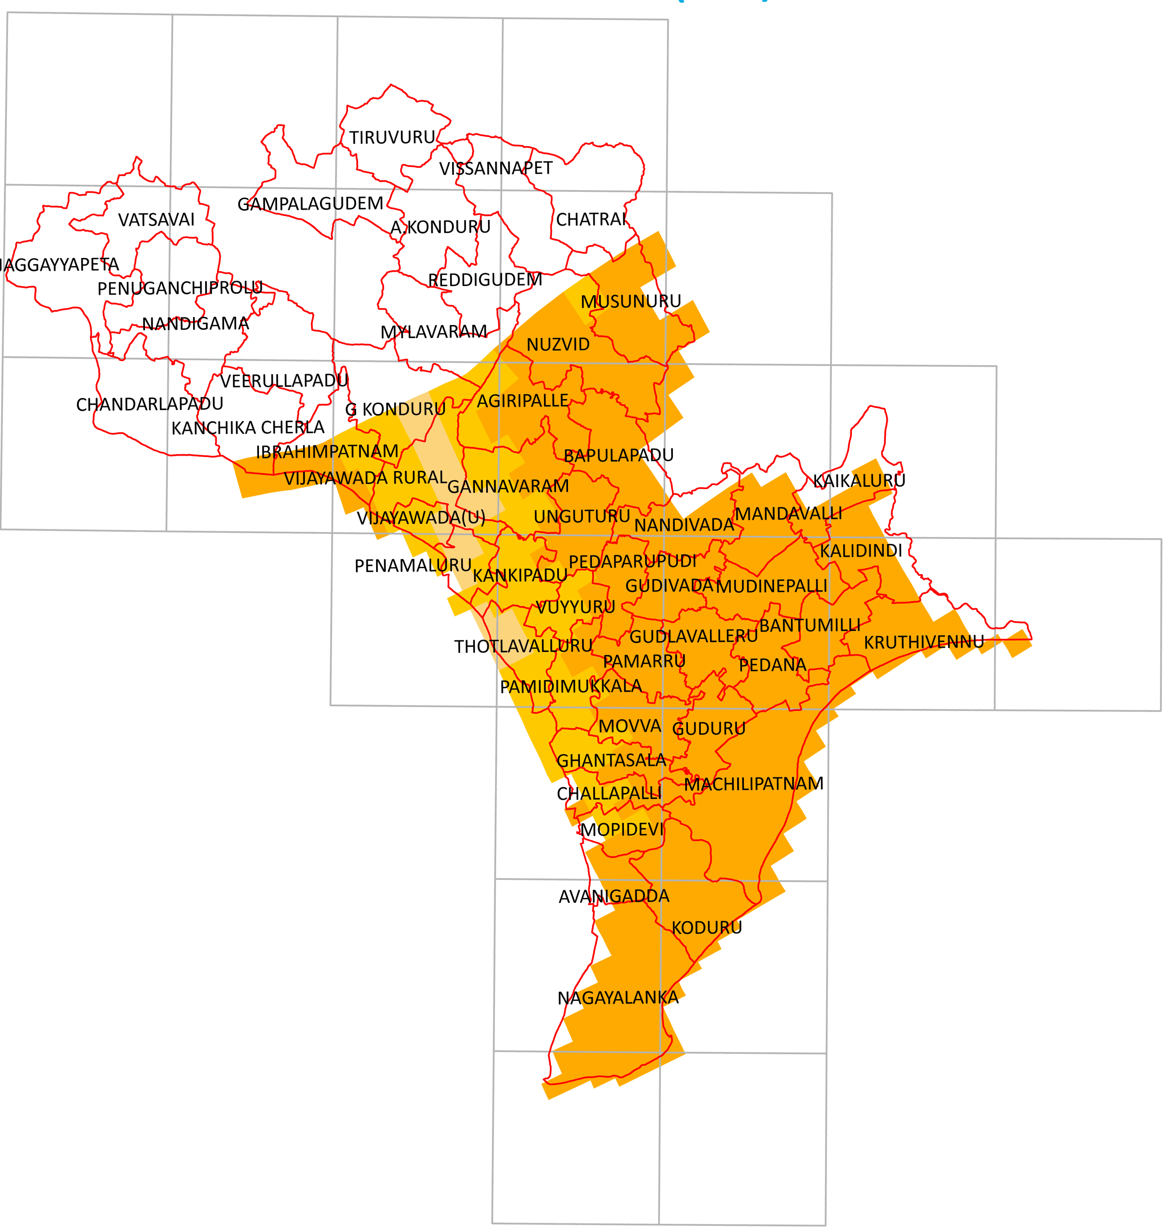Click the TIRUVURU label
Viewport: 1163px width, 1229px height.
pyautogui.click(x=392, y=138)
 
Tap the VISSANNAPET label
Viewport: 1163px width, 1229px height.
pyautogui.click(x=495, y=169)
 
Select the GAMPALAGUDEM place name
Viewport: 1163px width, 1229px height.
pyautogui.click(x=310, y=204)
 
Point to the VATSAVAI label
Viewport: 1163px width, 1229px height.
pyautogui.click(x=156, y=220)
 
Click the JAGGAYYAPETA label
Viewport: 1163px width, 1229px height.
pyautogui.click(x=59, y=265)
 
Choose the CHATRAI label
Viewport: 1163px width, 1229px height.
pyautogui.click(x=591, y=220)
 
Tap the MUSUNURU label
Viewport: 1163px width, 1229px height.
pyautogui.click(x=630, y=302)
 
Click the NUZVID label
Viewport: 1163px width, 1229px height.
pyautogui.click(x=558, y=344)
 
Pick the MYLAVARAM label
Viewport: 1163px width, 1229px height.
pyautogui.click(x=433, y=332)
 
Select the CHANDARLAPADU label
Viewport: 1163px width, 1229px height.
pyautogui.click(x=149, y=404)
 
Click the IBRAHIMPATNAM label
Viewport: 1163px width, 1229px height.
pyautogui.click(x=327, y=451)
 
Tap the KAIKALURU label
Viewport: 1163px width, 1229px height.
pyautogui.click(x=859, y=481)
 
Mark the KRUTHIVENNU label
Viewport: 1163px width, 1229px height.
pyautogui.click(x=924, y=642)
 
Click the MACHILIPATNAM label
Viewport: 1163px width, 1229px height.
pyautogui.click(x=753, y=784)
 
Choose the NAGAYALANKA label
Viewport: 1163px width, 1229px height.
pyautogui.click(x=617, y=998)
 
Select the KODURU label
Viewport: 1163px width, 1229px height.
pyautogui.click(x=707, y=928)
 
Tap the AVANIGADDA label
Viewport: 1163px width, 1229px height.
pyautogui.click(x=614, y=896)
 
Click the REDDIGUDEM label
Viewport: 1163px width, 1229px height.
pyautogui.click(x=485, y=280)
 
